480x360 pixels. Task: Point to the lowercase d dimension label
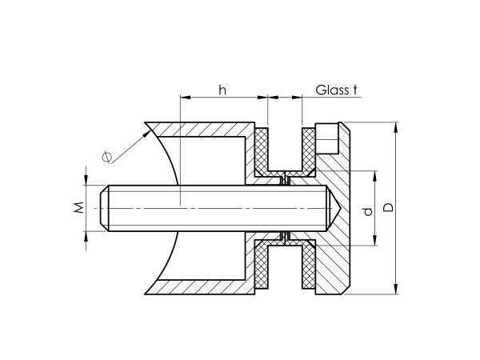(x=367, y=211)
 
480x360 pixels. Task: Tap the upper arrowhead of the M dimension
(x=86, y=182)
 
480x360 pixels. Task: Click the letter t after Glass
(x=354, y=90)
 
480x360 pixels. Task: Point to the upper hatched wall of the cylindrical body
(x=208, y=129)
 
